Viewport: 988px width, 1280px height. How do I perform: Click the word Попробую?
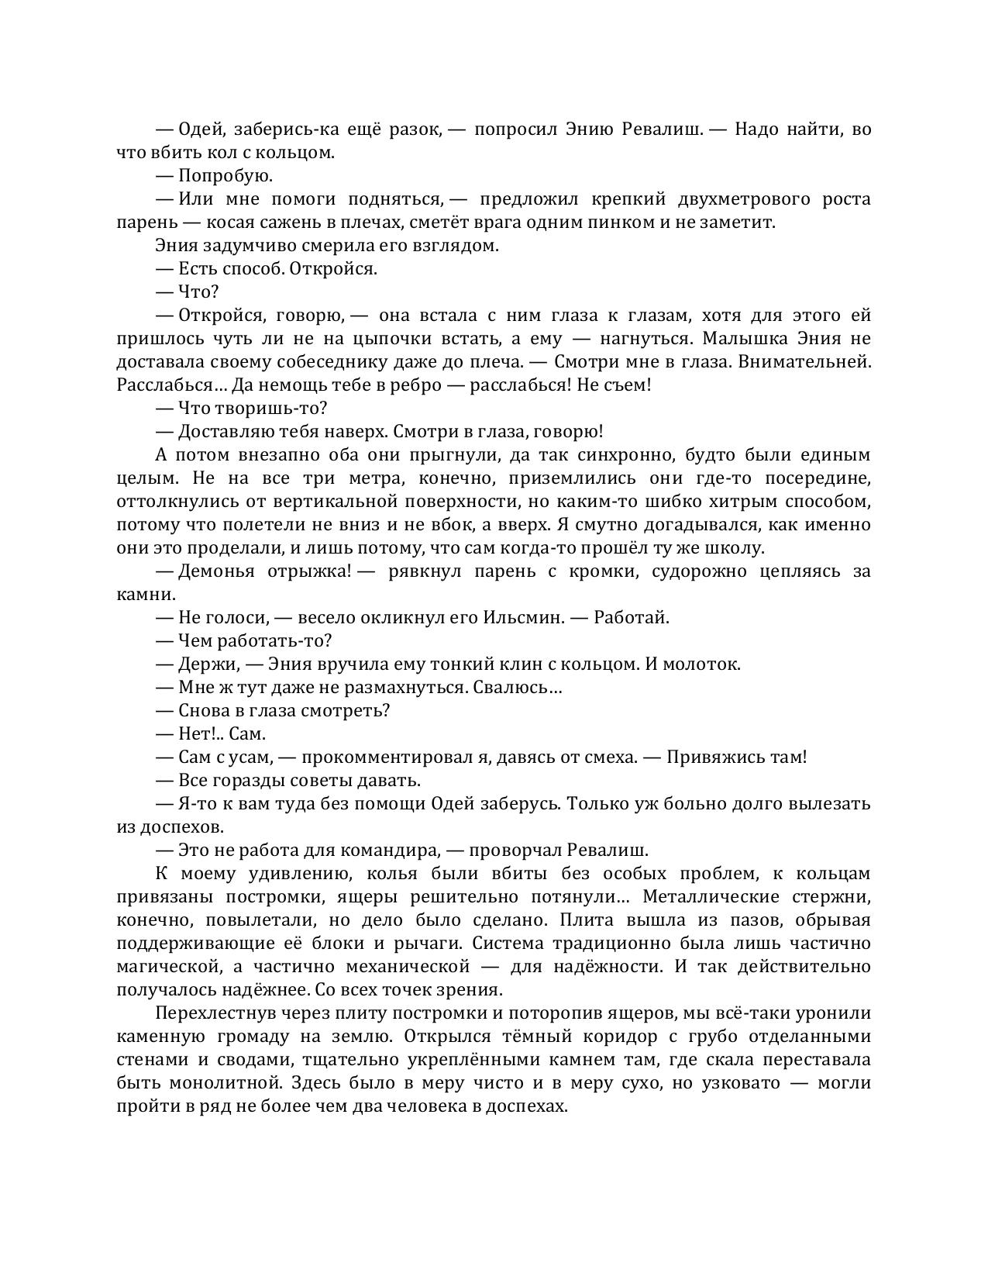click(225, 176)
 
